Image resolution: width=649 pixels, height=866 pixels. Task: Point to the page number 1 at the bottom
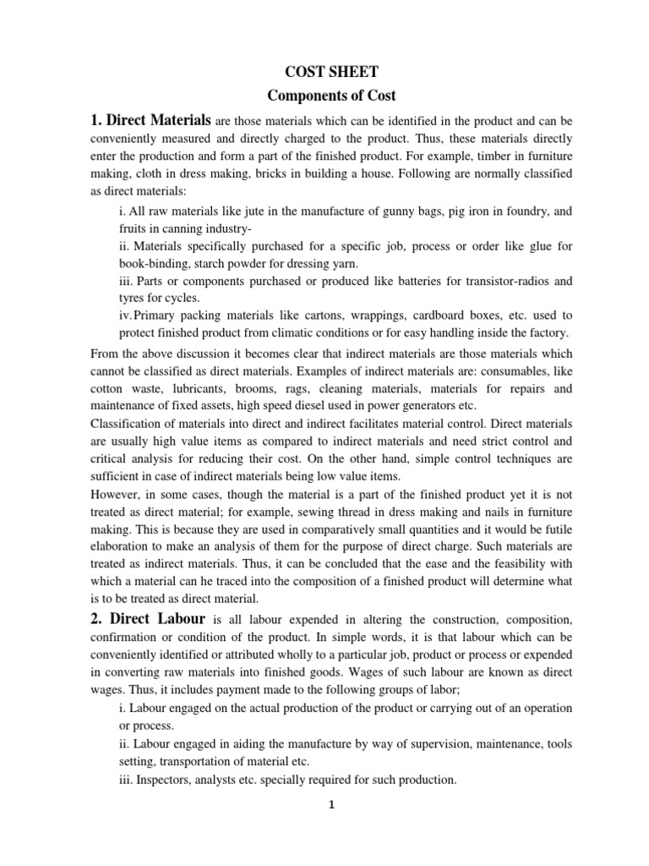(332, 805)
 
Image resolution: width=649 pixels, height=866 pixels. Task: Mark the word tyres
(132, 298)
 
